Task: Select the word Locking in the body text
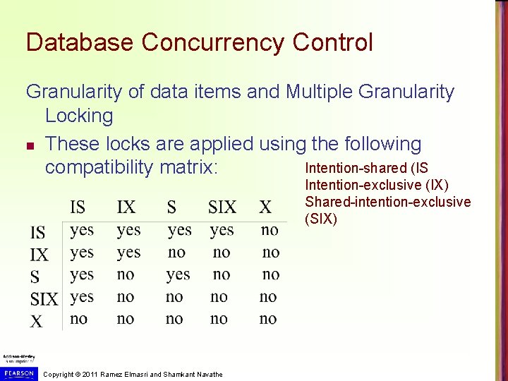click(x=78, y=116)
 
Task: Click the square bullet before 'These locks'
click(x=30, y=145)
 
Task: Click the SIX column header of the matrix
click(x=222, y=207)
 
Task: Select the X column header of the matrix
click(x=265, y=207)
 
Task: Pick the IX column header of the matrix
click(x=127, y=207)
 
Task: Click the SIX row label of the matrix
click(x=44, y=299)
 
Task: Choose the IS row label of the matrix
click(x=38, y=232)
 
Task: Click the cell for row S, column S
click(x=178, y=274)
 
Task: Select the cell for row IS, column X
click(x=269, y=230)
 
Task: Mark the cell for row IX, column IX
click(x=128, y=252)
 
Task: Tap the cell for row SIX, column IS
click(x=82, y=296)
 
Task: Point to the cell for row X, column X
click(x=268, y=319)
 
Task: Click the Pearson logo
click(x=18, y=373)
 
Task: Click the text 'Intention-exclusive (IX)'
click(x=376, y=185)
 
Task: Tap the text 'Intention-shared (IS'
click(x=366, y=168)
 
